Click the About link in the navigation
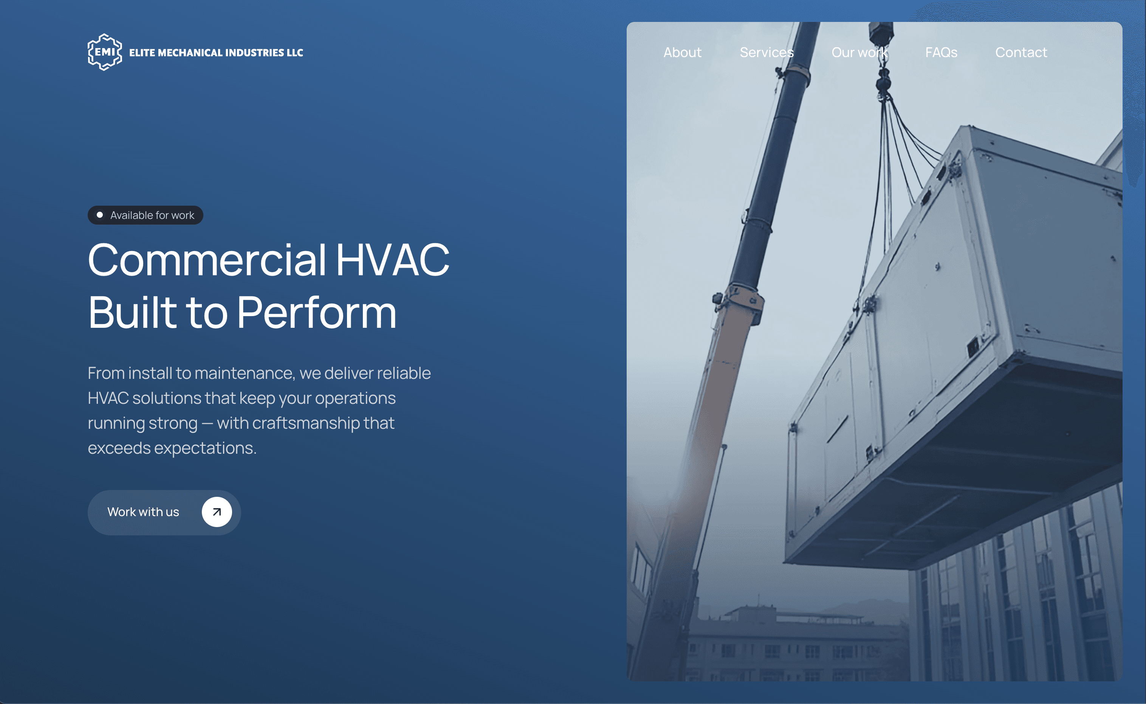[682, 53]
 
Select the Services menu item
[766, 53]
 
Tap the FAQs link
[941, 53]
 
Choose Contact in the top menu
[1021, 53]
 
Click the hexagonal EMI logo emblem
[105, 52]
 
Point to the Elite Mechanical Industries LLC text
[216, 53]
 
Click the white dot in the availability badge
[100, 215]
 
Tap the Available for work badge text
[152, 215]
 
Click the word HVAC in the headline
[392, 260]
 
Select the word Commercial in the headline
[207, 260]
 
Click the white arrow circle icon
[217, 512]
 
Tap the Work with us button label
[143, 512]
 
